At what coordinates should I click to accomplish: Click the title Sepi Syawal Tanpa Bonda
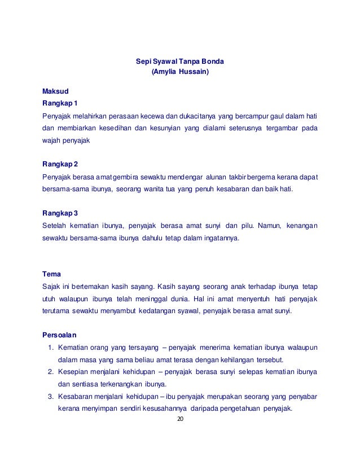click(x=179, y=61)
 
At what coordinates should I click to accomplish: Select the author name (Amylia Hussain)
click(x=180, y=72)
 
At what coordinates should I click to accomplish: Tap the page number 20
click(x=180, y=420)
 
